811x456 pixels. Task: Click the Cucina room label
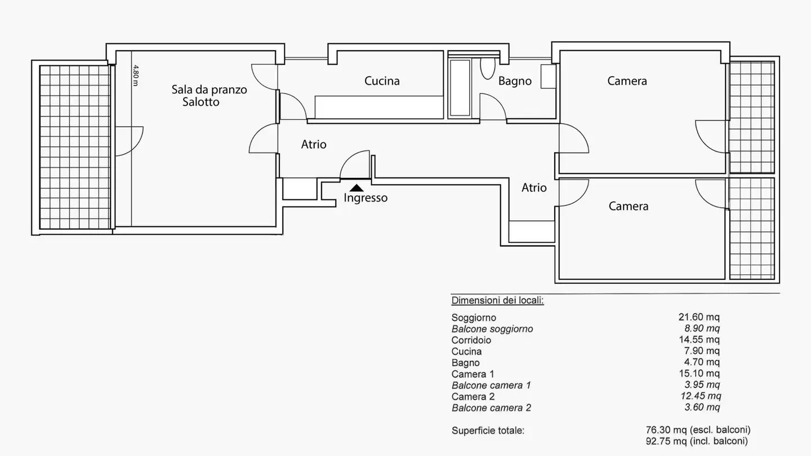click(382, 81)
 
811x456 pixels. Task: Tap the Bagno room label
click(515, 81)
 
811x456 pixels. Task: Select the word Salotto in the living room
click(201, 102)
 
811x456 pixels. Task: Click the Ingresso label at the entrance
click(366, 198)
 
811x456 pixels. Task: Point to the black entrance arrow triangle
click(357, 188)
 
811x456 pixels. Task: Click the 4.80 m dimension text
click(135, 75)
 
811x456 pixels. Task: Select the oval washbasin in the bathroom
click(488, 68)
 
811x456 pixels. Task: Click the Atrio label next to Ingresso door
click(314, 145)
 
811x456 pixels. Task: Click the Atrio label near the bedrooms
click(534, 188)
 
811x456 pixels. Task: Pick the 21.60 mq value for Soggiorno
click(699, 318)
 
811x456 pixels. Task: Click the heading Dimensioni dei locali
click(497, 301)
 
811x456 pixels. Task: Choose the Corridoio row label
click(471, 340)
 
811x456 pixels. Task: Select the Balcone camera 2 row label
click(491, 408)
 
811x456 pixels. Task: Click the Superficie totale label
click(488, 431)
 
